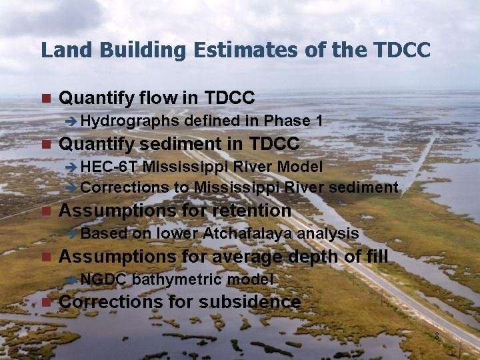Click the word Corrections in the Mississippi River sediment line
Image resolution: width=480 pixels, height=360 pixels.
click(125, 187)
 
